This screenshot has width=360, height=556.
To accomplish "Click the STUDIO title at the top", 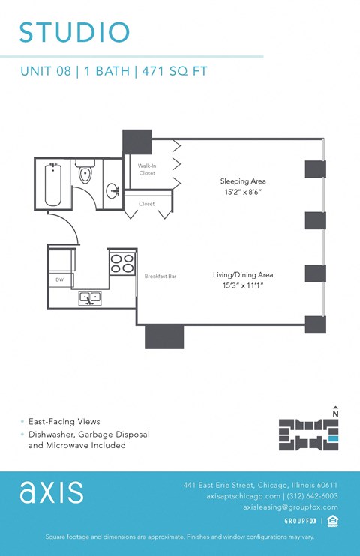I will [74, 32].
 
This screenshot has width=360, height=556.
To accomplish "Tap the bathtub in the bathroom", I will [52, 184].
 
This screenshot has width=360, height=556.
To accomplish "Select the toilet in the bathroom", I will [85, 173].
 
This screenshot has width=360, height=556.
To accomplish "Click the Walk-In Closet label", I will [146, 169].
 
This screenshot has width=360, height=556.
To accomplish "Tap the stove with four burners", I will [122, 263].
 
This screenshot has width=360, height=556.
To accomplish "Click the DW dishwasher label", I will [59, 279].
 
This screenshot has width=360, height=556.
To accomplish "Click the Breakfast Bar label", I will [160, 277].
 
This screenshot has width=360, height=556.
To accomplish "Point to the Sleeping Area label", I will [242, 181].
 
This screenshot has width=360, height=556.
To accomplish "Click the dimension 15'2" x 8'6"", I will [242, 193].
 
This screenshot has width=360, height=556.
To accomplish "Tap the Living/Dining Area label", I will [242, 275].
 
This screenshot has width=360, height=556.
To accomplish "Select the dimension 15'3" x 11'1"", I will [242, 286].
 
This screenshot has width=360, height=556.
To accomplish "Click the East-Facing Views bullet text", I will [64, 422].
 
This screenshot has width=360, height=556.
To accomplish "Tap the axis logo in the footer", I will [52, 492].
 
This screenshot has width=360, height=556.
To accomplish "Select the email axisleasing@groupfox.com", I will [290, 507].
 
